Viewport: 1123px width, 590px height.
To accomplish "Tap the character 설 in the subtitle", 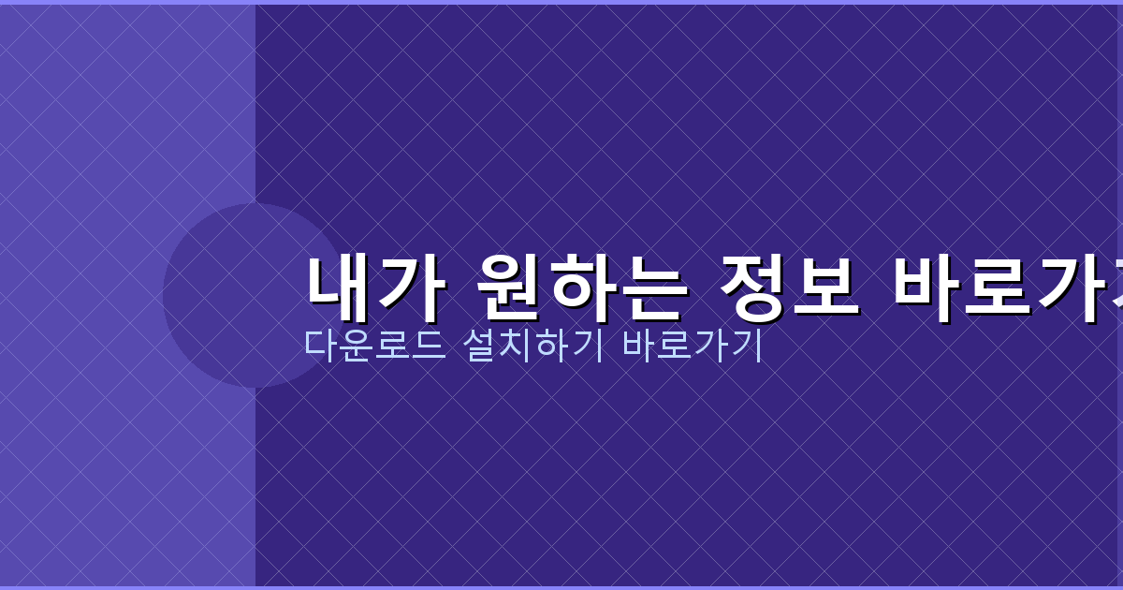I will pos(479,346).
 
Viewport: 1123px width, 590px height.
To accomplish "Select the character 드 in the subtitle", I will pos(426,346).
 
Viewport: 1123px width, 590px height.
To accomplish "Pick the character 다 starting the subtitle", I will pos(320,346).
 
